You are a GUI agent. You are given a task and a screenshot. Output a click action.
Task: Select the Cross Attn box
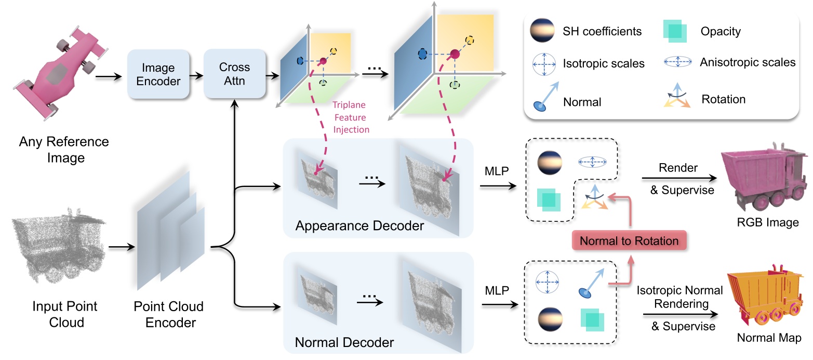point(234,74)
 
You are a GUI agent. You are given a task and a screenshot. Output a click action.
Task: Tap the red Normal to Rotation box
point(629,241)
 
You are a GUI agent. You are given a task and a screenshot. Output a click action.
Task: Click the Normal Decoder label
point(344,342)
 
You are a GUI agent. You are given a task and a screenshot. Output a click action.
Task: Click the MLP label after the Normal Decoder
point(497,288)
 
